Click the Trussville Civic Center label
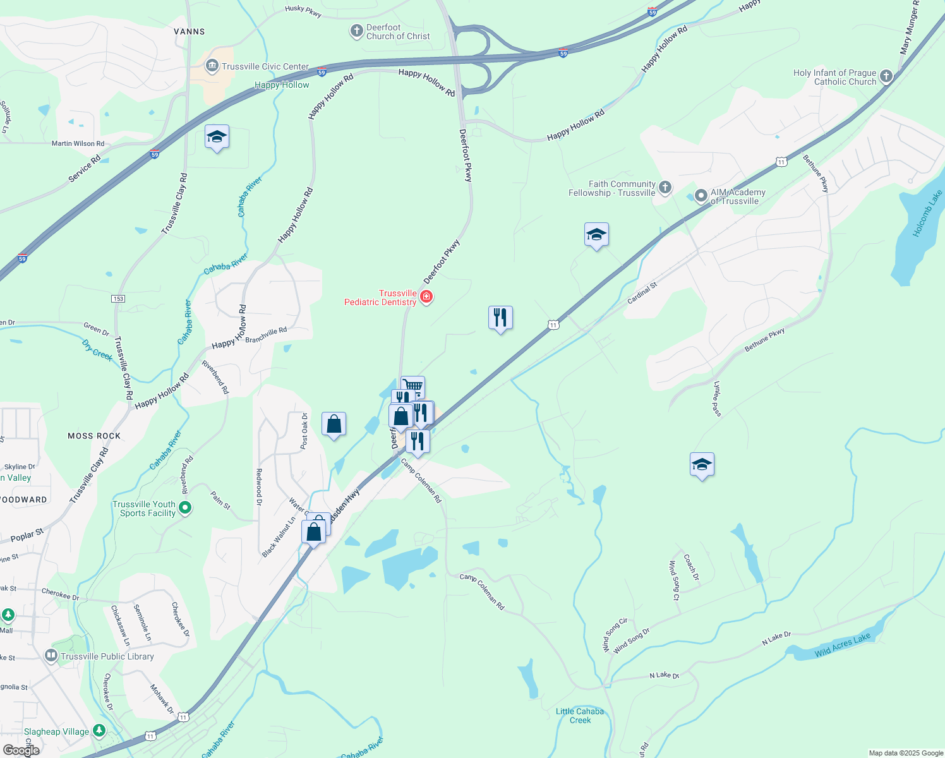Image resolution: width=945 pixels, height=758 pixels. point(265,66)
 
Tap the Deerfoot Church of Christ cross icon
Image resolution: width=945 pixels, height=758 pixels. point(356,30)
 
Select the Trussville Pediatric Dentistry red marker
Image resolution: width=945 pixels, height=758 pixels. point(426,297)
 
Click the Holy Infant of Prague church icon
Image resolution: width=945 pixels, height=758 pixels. point(886,76)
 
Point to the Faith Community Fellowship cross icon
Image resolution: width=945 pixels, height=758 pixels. point(665,187)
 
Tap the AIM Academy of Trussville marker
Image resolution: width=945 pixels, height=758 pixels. point(701,196)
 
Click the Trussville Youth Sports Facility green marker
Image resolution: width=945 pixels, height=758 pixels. point(185,507)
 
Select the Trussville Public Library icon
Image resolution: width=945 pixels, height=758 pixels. point(51,656)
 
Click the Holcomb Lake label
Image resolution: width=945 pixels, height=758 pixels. point(927,214)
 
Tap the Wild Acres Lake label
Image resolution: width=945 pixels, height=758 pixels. point(842,645)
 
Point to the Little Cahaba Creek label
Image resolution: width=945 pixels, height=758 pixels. point(580,716)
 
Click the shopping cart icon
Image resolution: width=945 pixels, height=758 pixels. point(412,386)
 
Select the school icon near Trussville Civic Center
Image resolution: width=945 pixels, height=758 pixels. point(217,137)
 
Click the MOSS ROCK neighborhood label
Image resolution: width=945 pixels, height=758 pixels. point(94,436)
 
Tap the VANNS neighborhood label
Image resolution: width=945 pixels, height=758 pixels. point(190,32)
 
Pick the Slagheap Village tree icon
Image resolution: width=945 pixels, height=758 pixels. point(99,731)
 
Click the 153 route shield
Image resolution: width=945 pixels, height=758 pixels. point(118,299)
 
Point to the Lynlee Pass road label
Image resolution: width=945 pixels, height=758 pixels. point(717,399)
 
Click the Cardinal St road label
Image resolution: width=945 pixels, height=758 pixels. point(642,292)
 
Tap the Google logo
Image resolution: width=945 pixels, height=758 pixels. point(21,750)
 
